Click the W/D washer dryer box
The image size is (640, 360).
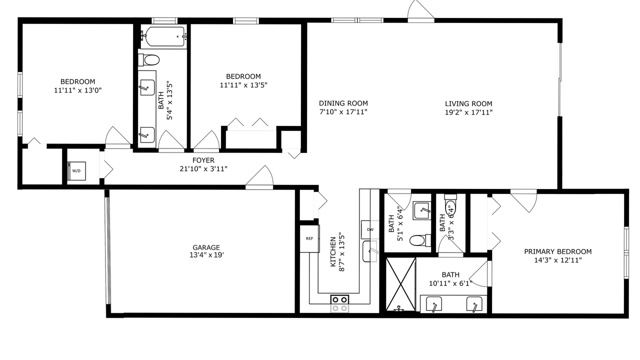pos(76,171)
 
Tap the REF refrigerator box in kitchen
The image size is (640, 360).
pos(309,238)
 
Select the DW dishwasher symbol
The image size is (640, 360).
pos(370,229)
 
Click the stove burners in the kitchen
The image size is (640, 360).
pos(339,303)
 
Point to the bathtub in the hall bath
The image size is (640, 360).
pos(163,36)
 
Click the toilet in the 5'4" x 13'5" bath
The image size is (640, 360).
pos(148,60)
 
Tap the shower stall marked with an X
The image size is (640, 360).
pos(400,284)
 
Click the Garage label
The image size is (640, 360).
pos(206,247)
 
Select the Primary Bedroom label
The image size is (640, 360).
pos(557,251)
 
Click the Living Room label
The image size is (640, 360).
pos(468,103)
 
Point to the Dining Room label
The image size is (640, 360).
pos(343,103)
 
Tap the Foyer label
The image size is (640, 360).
pos(203,160)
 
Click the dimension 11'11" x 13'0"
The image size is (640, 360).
pos(77,90)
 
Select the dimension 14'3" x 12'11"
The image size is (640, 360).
pos(558,260)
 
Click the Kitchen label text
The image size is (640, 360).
pos(333,251)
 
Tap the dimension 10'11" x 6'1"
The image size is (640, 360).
pos(450,283)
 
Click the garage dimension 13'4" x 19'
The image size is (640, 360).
pos(206,254)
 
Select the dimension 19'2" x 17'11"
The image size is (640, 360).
pos(468,112)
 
